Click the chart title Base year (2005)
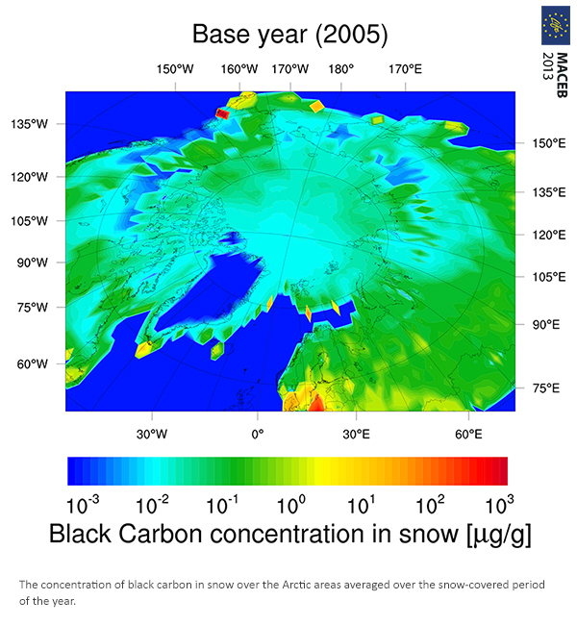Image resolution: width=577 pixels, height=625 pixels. (x=289, y=35)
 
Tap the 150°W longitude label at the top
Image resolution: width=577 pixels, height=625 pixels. (x=175, y=69)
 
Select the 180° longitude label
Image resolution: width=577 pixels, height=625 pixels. (x=341, y=69)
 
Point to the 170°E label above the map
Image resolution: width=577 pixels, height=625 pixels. (x=405, y=69)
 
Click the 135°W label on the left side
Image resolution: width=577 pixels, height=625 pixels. (x=29, y=124)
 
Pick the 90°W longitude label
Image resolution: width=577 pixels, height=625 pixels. (x=33, y=262)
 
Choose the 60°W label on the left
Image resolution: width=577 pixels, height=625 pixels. (x=33, y=363)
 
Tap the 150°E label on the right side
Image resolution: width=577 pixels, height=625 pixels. (x=549, y=143)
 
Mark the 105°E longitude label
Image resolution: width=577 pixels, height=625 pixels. (x=549, y=277)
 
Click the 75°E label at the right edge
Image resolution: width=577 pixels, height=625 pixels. (x=546, y=388)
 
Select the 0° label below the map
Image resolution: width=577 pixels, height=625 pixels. (x=258, y=434)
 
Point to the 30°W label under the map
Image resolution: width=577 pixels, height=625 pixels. (x=152, y=434)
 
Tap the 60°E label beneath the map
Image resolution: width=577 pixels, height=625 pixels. (x=468, y=434)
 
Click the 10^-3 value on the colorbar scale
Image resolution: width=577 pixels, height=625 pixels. (x=83, y=504)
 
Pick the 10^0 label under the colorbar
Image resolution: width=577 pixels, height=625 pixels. (x=291, y=504)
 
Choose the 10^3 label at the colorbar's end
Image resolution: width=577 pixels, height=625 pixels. (x=499, y=504)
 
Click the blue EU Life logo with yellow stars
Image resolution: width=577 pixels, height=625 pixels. (x=556, y=26)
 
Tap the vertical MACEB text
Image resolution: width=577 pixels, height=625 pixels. (x=562, y=75)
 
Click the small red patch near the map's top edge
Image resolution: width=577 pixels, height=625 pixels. (x=222, y=114)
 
